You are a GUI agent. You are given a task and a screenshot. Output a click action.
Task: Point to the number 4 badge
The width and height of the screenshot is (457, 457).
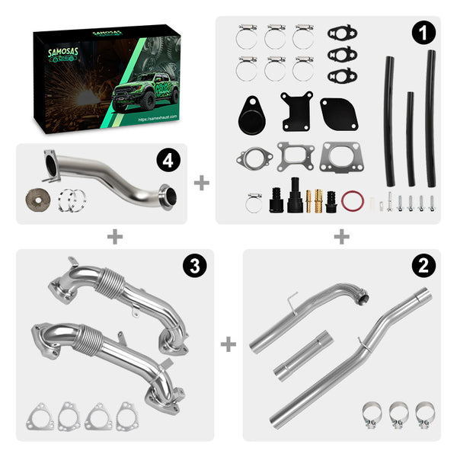[x=167, y=161]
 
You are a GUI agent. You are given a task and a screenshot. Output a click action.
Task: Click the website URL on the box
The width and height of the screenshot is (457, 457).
[x=159, y=120]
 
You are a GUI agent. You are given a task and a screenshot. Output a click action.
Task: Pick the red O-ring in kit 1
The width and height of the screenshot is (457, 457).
[x=351, y=202]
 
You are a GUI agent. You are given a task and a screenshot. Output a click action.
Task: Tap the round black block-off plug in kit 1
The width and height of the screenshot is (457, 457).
[x=252, y=110]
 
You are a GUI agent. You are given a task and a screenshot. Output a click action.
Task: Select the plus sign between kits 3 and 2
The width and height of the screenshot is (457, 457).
[x=228, y=345]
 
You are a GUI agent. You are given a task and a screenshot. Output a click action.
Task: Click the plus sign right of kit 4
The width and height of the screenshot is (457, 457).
[x=201, y=183]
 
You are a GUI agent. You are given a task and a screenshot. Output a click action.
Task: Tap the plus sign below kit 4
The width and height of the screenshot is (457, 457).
[x=114, y=237]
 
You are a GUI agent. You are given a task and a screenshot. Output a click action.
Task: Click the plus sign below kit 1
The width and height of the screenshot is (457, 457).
[x=341, y=237]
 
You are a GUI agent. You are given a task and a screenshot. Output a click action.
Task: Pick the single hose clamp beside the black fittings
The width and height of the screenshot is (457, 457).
[x=254, y=203]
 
